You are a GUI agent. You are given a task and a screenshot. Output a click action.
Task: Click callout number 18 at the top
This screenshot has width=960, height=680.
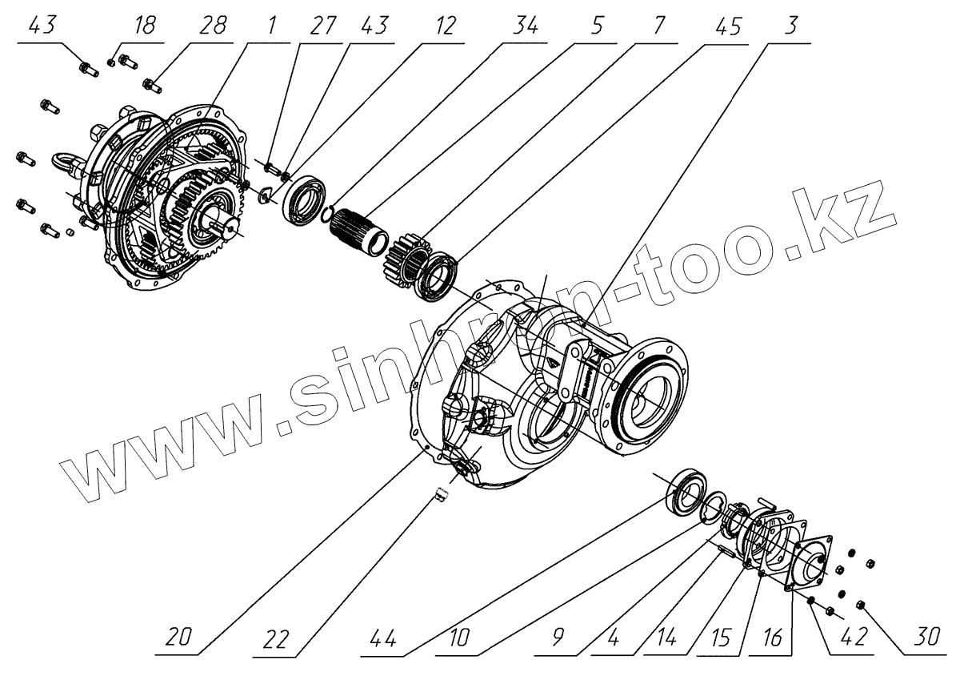click(144, 26)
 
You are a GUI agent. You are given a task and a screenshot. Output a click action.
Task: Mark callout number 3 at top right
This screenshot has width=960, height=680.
click(791, 26)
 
